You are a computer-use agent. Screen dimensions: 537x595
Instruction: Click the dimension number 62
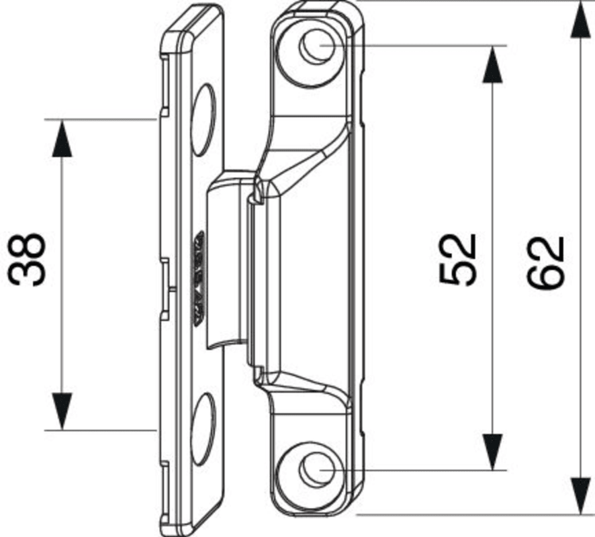coord(545,262)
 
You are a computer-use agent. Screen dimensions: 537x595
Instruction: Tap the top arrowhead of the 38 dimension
coord(61,138)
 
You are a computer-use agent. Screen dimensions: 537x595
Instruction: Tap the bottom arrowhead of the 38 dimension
coord(61,411)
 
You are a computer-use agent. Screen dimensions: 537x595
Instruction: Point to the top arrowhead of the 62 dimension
coord(578,20)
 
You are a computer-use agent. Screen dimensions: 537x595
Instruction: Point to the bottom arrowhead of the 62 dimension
coord(578,496)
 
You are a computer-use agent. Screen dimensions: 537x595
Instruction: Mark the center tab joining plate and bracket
coord(225,262)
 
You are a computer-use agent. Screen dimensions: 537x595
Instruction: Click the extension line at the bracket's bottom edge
coord(470,515)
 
